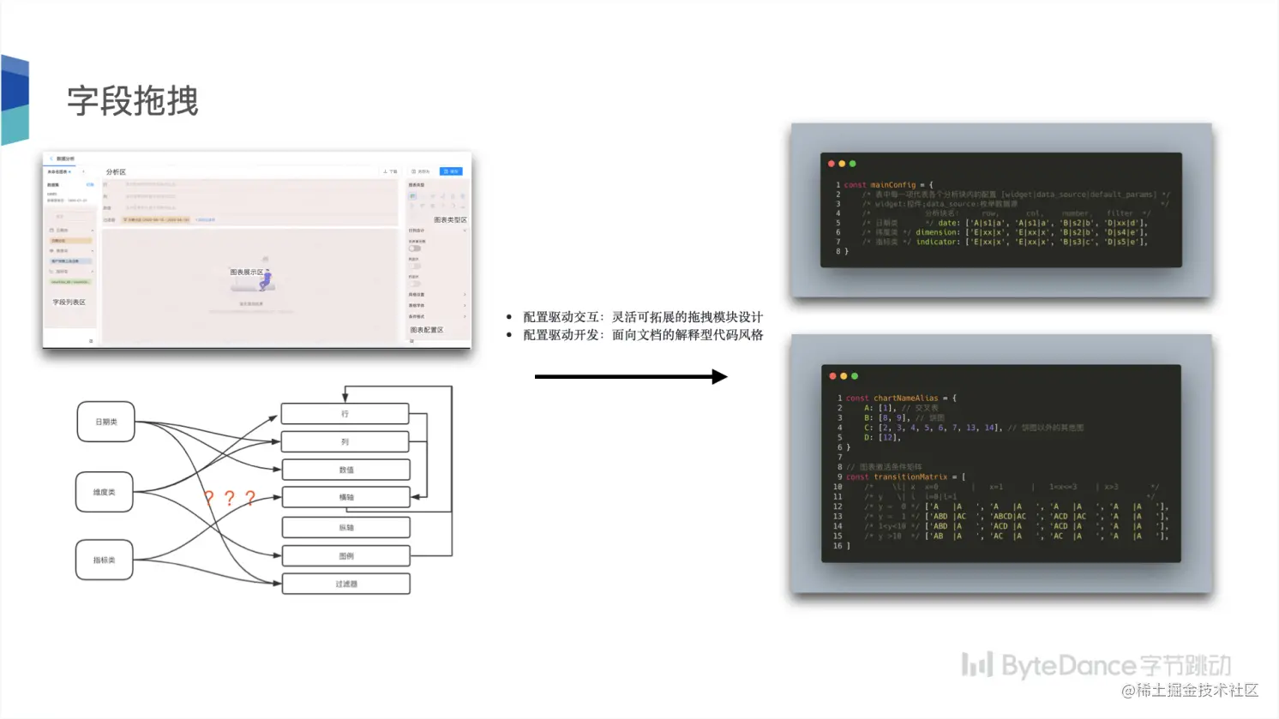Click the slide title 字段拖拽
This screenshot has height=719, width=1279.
pos(133,101)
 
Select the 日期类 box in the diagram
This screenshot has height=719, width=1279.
pos(105,422)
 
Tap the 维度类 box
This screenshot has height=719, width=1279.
pos(104,492)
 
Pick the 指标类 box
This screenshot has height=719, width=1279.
pos(104,560)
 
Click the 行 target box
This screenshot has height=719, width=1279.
pos(345,414)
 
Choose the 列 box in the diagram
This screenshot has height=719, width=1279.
pos(345,442)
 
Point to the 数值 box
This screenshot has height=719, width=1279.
pos(345,470)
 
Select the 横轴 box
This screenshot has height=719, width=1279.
pos(345,497)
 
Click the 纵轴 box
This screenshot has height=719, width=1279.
pos(345,527)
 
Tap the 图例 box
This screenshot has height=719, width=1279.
pos(345,555)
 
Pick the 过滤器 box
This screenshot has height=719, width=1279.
pos(345,584)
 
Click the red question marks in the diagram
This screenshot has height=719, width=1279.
pos(230,498)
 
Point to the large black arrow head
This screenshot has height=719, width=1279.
pos(719,376)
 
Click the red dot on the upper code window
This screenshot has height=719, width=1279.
pos(831,164)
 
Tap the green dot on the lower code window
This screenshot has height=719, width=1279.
pos(855,376)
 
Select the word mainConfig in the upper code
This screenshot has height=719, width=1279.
pos(892,185)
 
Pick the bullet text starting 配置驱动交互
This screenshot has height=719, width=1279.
pos(643,317)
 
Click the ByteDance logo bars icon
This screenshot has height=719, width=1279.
pos(976,664)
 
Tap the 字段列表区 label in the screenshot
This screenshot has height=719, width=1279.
pos(69,303)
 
